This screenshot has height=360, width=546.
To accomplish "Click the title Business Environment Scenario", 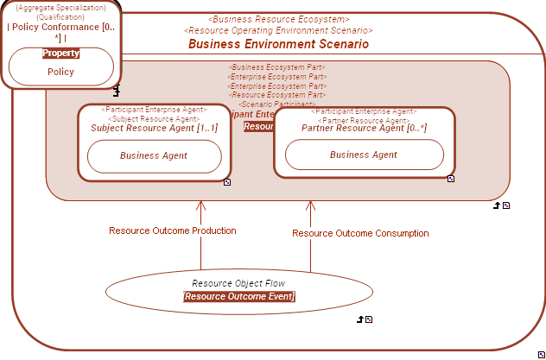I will click(x=278, y=44).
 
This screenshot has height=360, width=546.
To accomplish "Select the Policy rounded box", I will click(x=60, y=72).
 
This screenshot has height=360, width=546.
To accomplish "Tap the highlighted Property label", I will click(x=60, y=54).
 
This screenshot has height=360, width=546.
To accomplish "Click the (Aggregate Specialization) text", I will click(x=60, y=7).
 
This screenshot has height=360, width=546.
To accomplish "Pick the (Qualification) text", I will click(x=60, y=16).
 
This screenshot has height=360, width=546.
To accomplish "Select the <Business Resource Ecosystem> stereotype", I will click(x=279, y=19).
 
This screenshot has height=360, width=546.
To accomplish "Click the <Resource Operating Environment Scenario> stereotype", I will click(x=278, y=30).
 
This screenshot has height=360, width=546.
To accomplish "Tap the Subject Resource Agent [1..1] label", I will click(x=154, y=128).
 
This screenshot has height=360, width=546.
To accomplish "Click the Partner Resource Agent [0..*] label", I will click(x=364, y=128).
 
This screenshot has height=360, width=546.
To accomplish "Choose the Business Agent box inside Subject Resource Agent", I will click(x=154, y=156).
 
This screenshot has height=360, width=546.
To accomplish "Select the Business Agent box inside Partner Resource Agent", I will click(x=364, y=155).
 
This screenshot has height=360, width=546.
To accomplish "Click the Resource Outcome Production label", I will click(x=172, y=231).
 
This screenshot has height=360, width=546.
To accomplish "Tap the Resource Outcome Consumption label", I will click(x=360, y=233).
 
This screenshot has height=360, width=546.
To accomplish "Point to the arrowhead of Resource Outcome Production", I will click(x=201, y=205).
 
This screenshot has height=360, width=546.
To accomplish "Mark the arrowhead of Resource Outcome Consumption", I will click(x=311, y=205).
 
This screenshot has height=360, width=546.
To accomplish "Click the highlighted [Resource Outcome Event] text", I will click(x=238, y=296).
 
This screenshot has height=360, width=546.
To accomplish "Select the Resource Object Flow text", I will click(x=238, y=283).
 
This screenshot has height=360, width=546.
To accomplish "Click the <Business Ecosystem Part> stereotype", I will click(x=276, y=67).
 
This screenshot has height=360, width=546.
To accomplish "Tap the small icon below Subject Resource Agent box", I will click(x=226, y=183).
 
